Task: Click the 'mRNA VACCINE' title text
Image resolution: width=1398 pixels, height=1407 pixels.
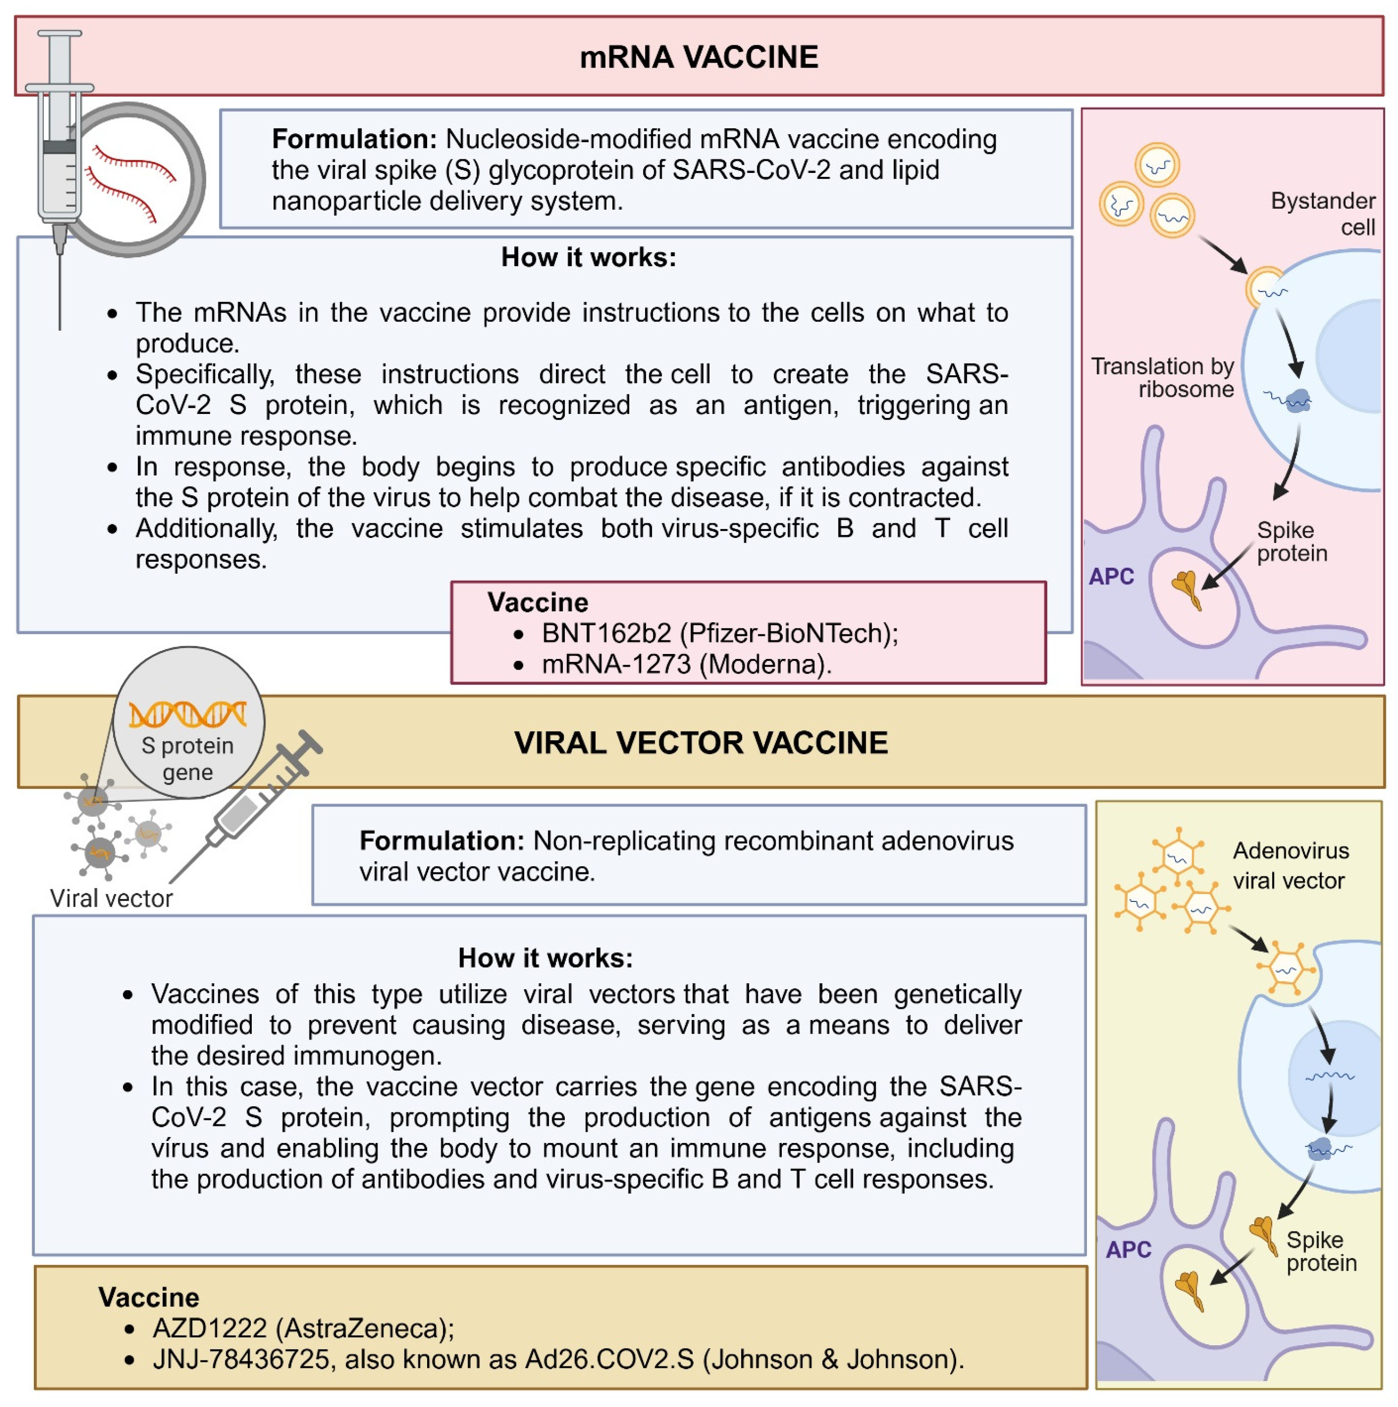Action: tap(699, 57)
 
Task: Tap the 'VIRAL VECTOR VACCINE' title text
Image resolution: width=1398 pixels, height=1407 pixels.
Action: tap(700, 742)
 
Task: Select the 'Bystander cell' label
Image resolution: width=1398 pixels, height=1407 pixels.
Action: tap(1322, 214)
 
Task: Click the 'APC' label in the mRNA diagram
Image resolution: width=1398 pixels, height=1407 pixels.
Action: tap(1111, 576)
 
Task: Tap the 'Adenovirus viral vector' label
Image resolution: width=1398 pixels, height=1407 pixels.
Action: tap(1290, 865)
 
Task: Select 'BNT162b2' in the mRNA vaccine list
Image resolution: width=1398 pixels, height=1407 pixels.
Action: tap(606, 633)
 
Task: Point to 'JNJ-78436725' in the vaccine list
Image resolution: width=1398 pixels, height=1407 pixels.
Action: tap(241, 1359)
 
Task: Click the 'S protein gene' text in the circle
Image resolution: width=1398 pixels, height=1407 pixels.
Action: tap(188, 758)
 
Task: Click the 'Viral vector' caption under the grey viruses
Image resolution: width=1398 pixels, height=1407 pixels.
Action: tap(111, 898)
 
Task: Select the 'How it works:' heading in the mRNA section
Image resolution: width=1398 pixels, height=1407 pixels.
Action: tap(588, 257)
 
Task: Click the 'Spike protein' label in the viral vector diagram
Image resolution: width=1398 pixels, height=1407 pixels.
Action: tap(1321, 1251)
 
